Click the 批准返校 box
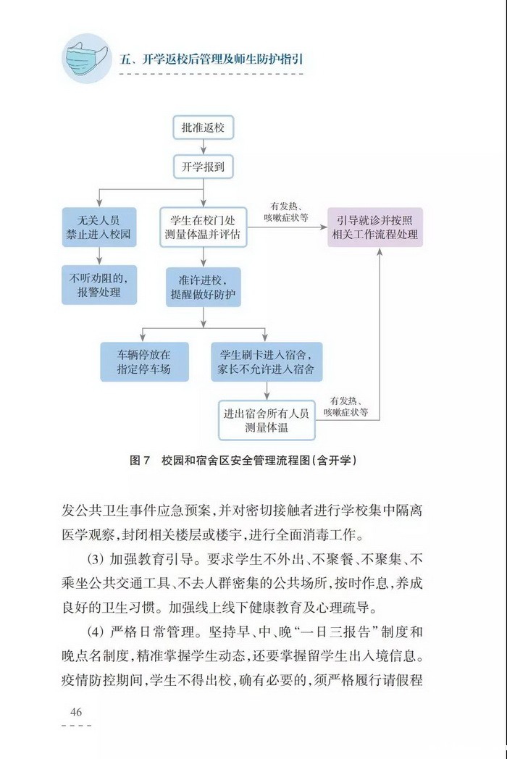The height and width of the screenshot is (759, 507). [x=203, y=129]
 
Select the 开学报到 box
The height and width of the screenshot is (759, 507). [x=203, y=167]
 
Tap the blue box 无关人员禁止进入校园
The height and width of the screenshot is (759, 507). [x=99, y=227]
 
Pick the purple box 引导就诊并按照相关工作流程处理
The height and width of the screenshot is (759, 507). [x=374, y=227]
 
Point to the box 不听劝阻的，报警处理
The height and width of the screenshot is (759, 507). [x=99, y=285]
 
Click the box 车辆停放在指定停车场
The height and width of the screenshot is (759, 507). [x=144, y=361]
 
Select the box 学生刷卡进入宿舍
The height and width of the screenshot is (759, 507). [x=267, y=361]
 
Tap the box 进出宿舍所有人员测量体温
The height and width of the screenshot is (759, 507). [x=267, y=420]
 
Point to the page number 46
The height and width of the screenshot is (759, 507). [x=76, y=712]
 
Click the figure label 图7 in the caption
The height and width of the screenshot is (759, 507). [x=138, y=460]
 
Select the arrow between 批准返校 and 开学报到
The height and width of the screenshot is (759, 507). [x=203, y=148]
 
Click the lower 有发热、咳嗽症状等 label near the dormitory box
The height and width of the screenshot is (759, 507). [x=345, y=406]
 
